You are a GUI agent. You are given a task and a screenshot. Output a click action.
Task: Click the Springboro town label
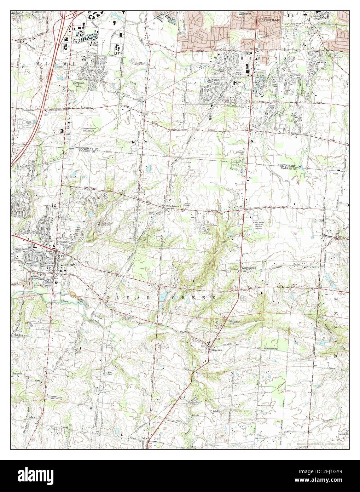click(69, 264)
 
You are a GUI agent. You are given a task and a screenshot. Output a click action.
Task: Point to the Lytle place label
click(329, 230)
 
